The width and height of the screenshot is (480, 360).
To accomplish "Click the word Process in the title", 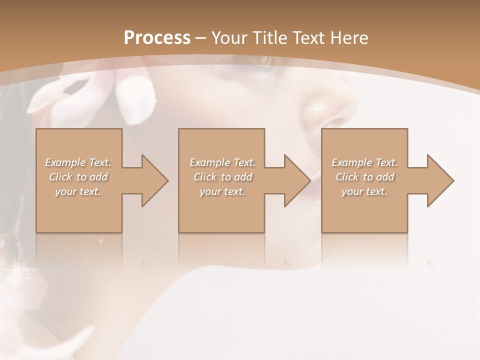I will coord(157,38).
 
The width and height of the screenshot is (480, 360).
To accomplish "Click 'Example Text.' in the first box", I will coord(78,162).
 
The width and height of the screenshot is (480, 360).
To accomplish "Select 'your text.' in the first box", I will coord(78,191).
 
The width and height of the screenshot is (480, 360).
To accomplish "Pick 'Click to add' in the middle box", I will coord(222,177).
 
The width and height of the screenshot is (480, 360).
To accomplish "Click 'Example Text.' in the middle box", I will coord(222,162).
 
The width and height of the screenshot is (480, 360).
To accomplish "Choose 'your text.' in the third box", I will coord(364,191).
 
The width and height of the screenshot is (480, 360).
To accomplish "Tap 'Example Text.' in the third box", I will coord(364,162).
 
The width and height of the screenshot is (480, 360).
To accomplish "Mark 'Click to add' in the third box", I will coord(364,177).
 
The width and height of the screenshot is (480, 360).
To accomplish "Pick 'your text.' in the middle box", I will coord(222,191).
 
